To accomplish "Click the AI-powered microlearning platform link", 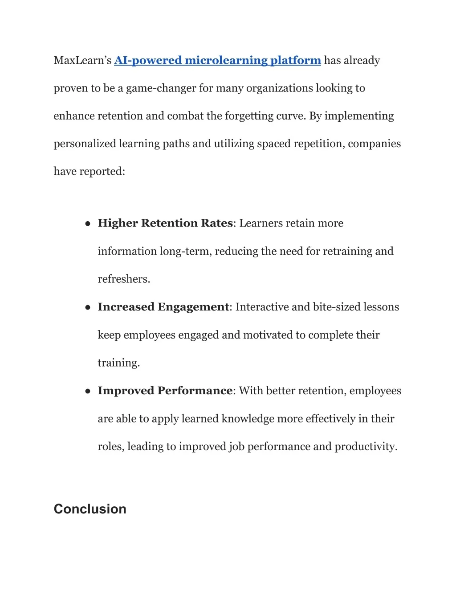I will click(x=217, y=60).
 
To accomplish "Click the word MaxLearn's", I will click(x=82, y=60).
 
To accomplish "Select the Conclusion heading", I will click(x=90, y=509).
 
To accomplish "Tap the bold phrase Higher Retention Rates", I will click(x=165, y=223).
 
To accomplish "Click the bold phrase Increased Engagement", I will click(x=163, y=307).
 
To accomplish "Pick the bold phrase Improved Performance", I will click(x=165, y=391).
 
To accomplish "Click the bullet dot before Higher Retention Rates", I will click(x=88, y=223).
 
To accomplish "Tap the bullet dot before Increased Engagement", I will click(x=88, y=307).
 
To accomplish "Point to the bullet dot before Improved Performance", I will click(x=88, y=391).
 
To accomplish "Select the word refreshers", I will click(x=123, y=279).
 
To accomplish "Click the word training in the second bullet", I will click(x=118, y=363).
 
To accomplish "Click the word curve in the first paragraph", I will click(x=291, y=116).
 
